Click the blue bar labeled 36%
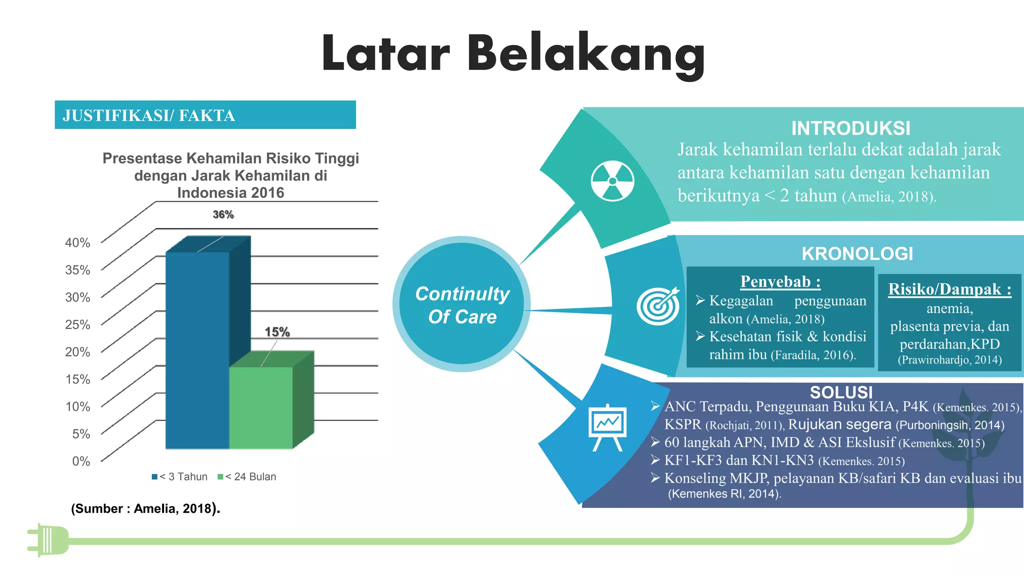click(197, 350)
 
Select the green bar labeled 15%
click(261, 407)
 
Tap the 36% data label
click(223, 214)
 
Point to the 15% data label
click(277, 332)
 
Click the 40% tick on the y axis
click(77, 243)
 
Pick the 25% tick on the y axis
click(77, 325)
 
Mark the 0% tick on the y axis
click(81, 461)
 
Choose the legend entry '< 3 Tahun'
click(180, 476)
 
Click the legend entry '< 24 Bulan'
click(247, 476)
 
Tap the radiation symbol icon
click(612, 181)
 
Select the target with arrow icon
click(658, 305)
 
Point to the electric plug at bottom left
click(48, 540)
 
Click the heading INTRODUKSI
click(850, 128)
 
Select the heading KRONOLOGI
click(857, 254)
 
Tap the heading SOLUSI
click(841, 392)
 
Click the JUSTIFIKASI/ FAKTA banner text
click(148, 115)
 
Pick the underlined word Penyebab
click(780, 282)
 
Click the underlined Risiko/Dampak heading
click(949, 289)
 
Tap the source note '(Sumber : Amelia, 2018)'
click(145, 508)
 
